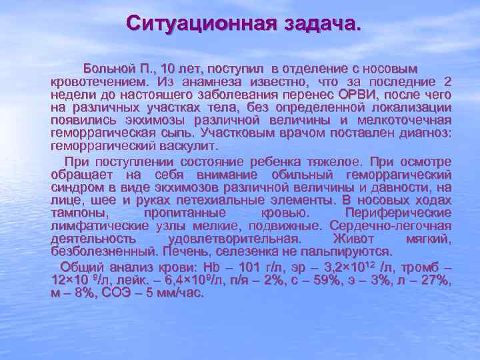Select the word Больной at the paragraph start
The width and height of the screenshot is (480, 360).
coord(108,69)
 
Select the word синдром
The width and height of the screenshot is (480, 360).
coord(75,187)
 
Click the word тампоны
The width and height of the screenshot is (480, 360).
coord(73,213)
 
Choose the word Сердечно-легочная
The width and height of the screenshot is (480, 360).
coord(397,226)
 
